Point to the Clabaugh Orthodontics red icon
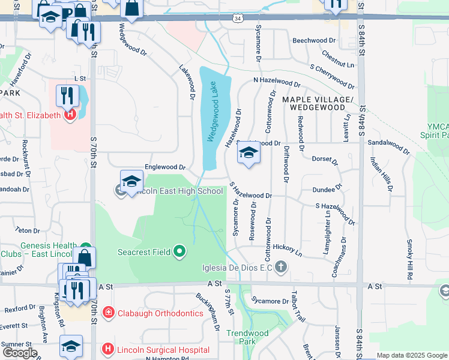(108, 312)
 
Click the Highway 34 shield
(238, 19)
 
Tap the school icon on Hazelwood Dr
(249, 154)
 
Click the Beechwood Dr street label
(315, 41)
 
